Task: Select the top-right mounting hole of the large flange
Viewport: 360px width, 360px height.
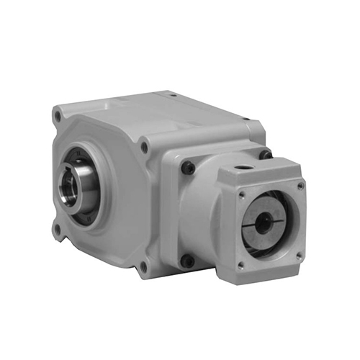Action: tap(144, 147)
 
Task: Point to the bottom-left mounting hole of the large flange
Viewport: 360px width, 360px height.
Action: tap(57, 229)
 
